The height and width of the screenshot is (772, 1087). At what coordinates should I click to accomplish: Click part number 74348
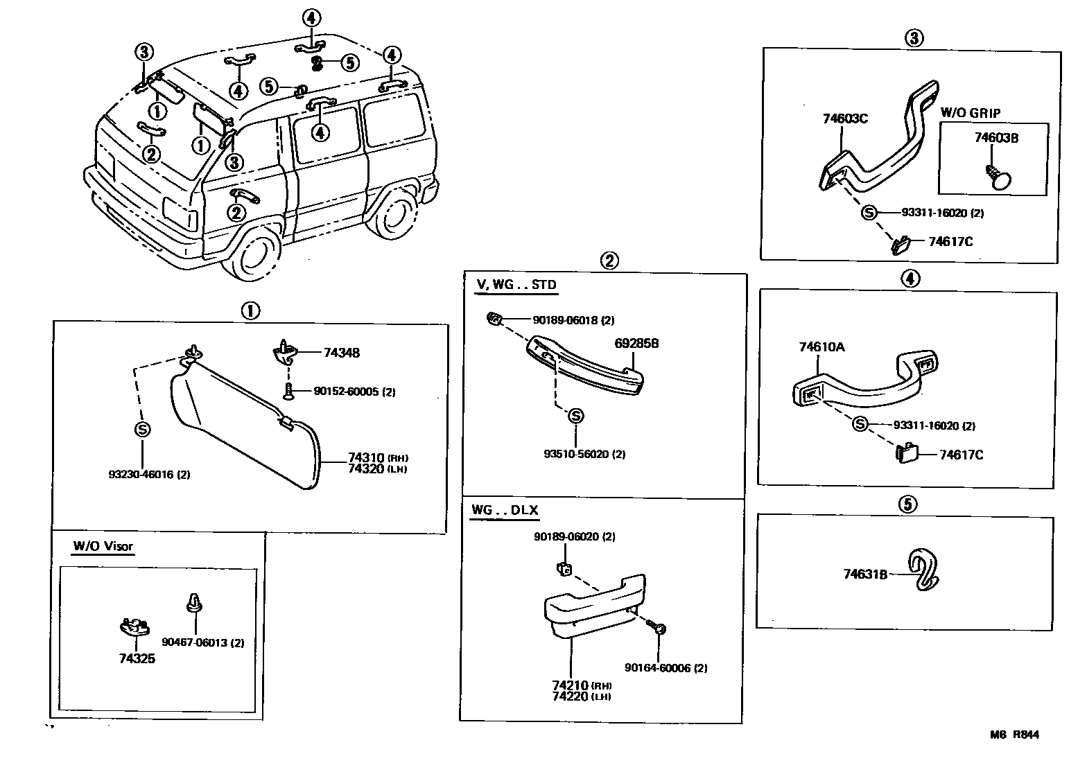tap(341, 353)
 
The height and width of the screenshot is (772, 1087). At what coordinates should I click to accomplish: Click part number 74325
tap(137, 658)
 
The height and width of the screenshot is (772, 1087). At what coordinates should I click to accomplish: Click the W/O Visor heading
tap(103, 546)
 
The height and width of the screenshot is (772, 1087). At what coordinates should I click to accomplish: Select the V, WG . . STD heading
tap(516, 285)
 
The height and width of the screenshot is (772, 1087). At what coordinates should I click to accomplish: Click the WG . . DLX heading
tap(505, 511)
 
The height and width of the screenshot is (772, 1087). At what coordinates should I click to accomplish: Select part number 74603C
tap(845, 119)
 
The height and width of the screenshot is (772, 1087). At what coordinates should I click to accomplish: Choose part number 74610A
tap(821, 347)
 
